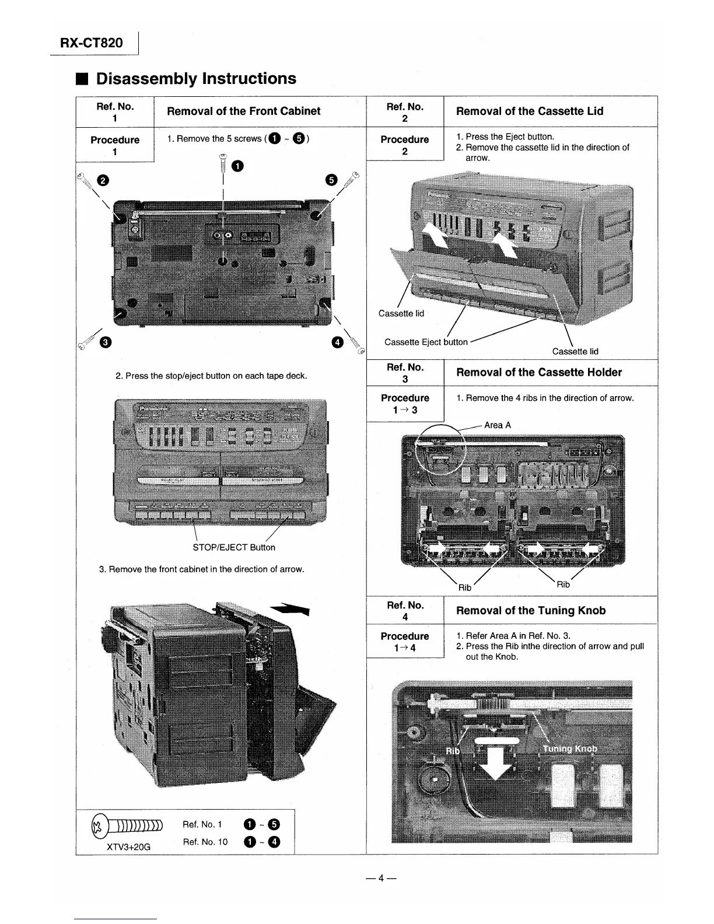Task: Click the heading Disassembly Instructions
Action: tap(196, 79)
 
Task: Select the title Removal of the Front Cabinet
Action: tap(243, 111)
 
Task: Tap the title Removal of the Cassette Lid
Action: tap(529, 111)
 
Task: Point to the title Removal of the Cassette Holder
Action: tap(538, 372)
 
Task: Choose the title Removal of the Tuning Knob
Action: tap(530, 610)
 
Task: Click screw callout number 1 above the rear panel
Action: tap(237, 167)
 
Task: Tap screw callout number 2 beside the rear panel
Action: tap(103, 180)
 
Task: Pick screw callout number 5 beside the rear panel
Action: tap(331, 180)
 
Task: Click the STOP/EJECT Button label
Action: tap(233, 547)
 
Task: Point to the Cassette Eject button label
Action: tap(426, 342)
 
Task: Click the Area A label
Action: tap(497, 425)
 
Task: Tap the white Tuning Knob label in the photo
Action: tap(569, 749)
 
